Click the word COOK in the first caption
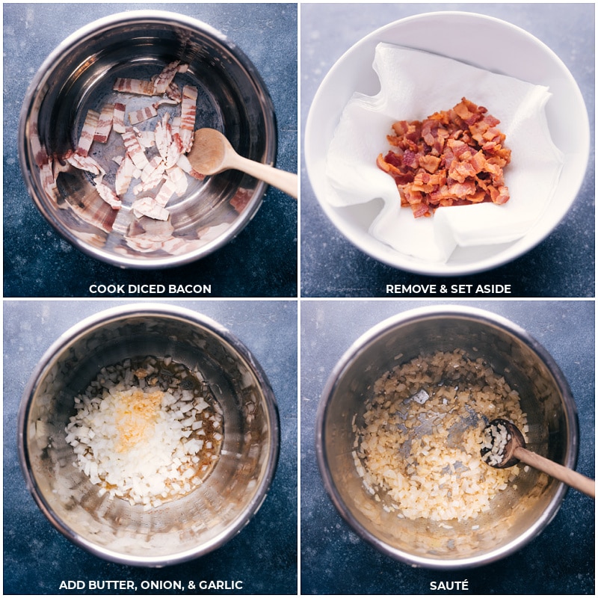pos(103,289)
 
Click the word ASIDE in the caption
pos(493,289)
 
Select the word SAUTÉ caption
pos(449,585)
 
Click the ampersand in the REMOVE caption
pos(444,289)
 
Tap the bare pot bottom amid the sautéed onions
pos(430,419)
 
